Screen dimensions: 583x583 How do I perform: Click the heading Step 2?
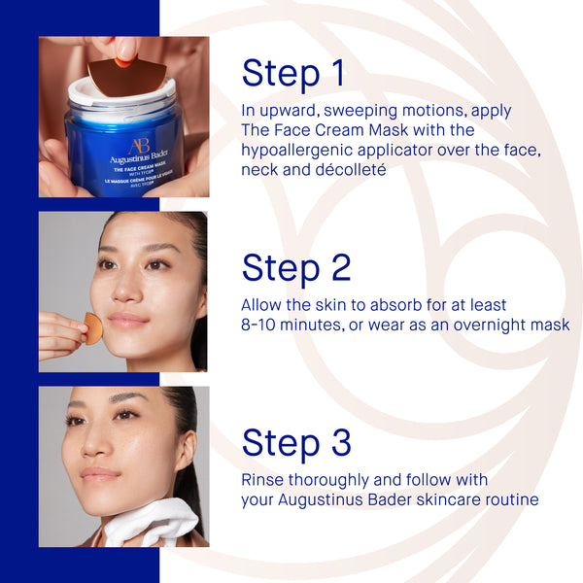[296, 268]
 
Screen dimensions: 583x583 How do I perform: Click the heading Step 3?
[296, 442]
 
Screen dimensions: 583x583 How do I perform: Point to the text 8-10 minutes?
[291, 325]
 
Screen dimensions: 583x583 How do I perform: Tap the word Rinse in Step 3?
[264, 480]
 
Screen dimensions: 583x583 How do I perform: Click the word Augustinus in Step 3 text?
[323, 499]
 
